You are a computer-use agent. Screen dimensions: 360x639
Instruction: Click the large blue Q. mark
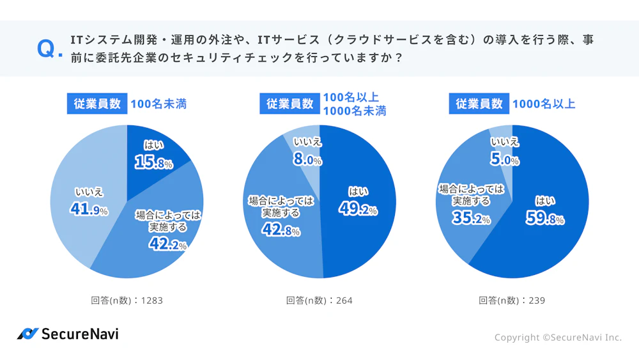pos(49,49)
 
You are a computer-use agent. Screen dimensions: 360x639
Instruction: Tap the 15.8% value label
pos(153,163)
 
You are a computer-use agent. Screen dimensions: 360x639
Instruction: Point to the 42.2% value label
pos(167,244)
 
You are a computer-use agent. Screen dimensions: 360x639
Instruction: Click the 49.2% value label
pos(358,208)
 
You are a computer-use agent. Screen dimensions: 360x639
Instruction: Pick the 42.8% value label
pos(281,230)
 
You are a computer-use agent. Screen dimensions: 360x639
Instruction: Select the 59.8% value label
pos(545,219)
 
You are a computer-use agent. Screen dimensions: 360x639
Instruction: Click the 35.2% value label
pos(471,219)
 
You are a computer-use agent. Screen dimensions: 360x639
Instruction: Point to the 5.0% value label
pos(504,160)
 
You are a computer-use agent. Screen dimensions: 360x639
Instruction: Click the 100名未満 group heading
pos(158,104)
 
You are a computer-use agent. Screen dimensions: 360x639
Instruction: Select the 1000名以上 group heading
pos(544,104)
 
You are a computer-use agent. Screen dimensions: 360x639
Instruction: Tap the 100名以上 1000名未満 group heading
pos(354,104)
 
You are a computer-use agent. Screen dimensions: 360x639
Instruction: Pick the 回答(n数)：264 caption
pos(319,301)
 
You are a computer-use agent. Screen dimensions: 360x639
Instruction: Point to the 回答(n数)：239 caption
pos(511,301)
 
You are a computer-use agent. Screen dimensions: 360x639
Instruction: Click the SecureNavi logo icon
pos(27,334)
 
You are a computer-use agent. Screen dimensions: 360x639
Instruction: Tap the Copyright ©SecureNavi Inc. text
pos(557,337)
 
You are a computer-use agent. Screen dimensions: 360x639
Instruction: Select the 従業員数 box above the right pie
pos(479,104)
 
